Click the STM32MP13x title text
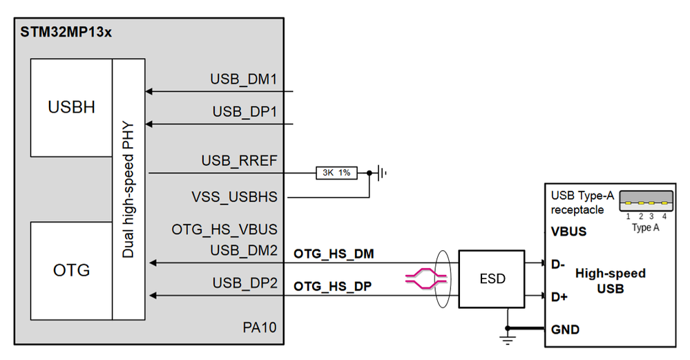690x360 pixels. pyautogui.click(x=66, y=32)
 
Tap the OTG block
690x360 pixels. pyautogui.click(x=71, y=270)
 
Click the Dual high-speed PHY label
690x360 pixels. pyautogui.click(x=128, y=189)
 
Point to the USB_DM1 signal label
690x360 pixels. pyautogui.click(x=243, y=79)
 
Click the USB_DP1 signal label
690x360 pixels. pyautogui.click(x=244, y=112)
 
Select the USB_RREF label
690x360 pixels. pyautogui.click(x=239, y=161)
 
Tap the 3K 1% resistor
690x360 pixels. pyautogui.click(x=336, y=173)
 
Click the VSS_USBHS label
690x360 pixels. pyautogui.click(x=234, y=197)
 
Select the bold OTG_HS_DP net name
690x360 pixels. pyautogui.click(x=334, y=286)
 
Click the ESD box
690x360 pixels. pyautogui.click(x=492, y=279)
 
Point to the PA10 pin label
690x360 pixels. pyautogui.click(x=261, y=327)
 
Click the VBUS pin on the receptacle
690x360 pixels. pyautogui.click(x=568, y=231)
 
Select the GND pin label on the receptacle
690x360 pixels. pyautogui.click(x=565, y=330)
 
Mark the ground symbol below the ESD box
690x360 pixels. pyautogui.click(x=508, y=339)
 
